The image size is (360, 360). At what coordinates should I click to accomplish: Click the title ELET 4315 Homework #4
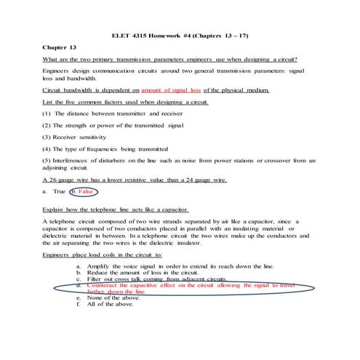tap(180, 35)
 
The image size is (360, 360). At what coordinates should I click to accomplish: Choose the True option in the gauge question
tap(54, 191)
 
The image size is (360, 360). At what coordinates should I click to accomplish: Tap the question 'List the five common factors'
tap(125, 103)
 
